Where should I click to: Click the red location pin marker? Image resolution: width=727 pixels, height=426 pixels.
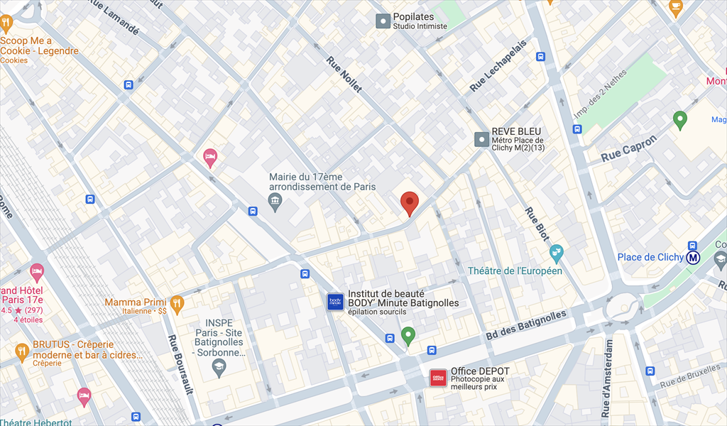point(409,202)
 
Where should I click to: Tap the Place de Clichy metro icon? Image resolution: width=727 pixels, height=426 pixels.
point(694,257)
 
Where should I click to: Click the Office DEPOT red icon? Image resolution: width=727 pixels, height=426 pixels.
point(439,378)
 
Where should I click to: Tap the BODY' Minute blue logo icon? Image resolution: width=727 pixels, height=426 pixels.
point(335,302)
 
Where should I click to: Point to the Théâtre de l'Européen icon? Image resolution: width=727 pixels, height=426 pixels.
point(557,251)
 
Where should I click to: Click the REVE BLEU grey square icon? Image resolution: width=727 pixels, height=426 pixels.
point(482,138)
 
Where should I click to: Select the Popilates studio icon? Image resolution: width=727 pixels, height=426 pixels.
point(383,21)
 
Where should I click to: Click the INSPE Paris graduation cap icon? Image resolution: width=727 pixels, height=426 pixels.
point(219,367)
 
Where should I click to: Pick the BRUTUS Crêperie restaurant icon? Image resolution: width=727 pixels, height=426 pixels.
point(22,351)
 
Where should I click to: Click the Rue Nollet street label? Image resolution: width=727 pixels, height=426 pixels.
point(344,75)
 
